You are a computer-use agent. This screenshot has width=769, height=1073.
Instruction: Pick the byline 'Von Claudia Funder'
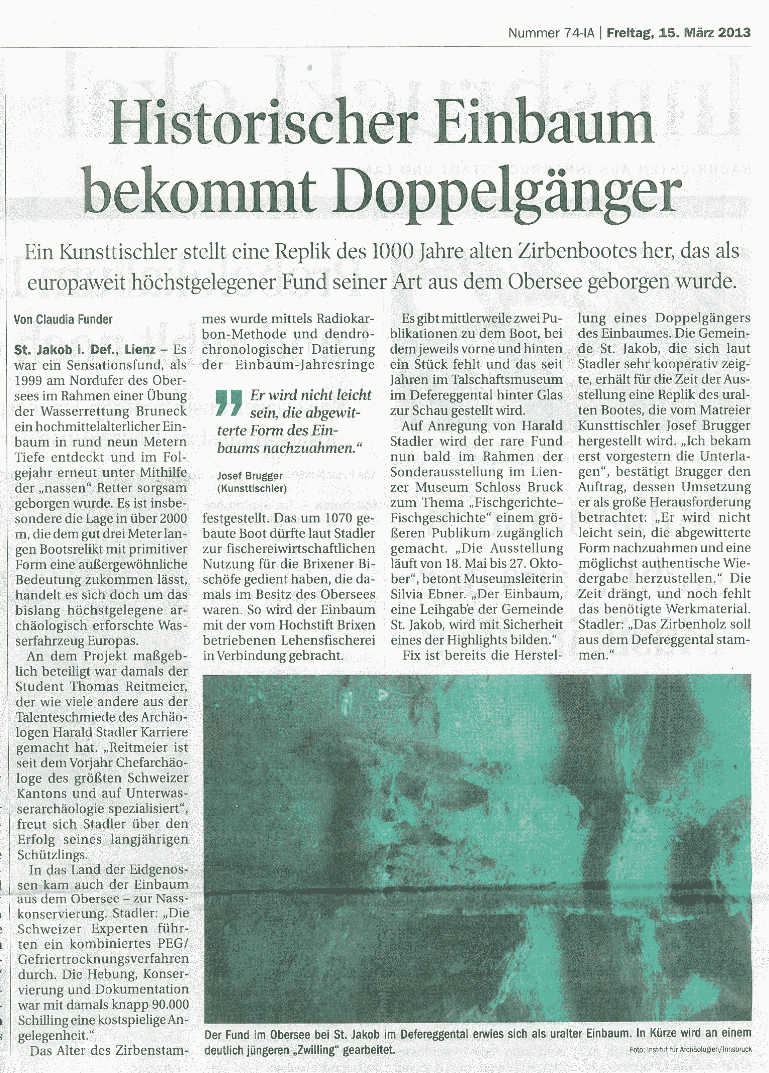(63, 319)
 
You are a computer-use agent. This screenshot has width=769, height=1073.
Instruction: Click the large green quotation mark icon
(229, 402)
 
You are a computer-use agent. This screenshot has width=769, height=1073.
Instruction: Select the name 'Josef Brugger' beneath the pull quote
(250, 476)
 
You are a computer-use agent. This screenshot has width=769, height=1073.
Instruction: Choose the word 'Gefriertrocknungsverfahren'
(103, 959)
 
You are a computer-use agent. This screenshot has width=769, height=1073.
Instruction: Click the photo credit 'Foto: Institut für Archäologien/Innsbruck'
(690, 1049)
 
